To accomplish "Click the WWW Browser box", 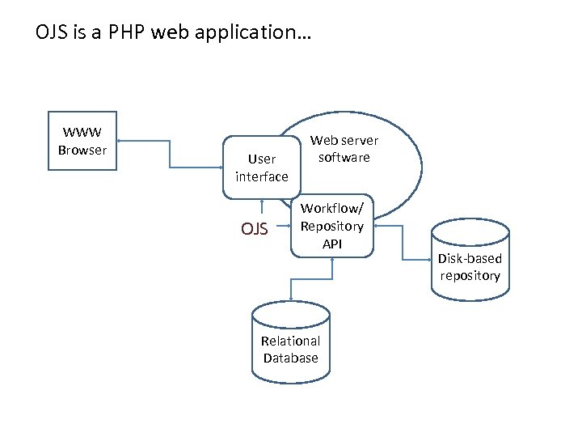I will point(82,141).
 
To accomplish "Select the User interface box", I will point(261,168).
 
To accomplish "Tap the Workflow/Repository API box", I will point(332,226).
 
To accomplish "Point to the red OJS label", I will point(254,229).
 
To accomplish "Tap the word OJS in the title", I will point(51,34).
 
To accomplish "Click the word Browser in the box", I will point(82,150).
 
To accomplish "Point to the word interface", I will point(261,176).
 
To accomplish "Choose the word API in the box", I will point(332,243).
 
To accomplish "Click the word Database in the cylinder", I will point(291,358).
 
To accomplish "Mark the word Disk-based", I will point(470,258).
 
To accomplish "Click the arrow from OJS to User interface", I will point(261,208).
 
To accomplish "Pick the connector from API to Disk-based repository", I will point(403,243).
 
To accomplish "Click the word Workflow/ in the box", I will point(332,209).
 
